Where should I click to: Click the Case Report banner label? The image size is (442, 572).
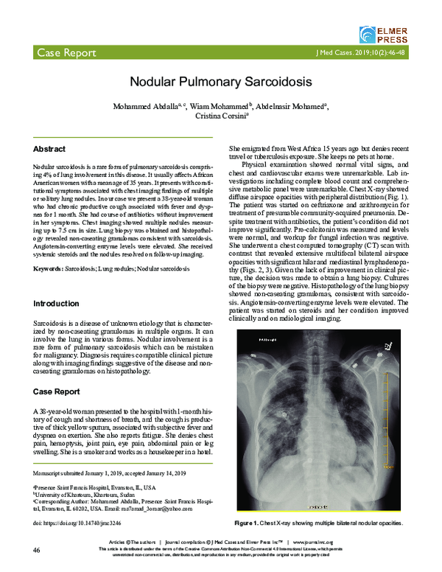[65, 54]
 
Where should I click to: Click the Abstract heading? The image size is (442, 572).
[49, 149]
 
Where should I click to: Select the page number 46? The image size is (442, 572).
[36, 551]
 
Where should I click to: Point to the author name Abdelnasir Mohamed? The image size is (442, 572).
[292, 106]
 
